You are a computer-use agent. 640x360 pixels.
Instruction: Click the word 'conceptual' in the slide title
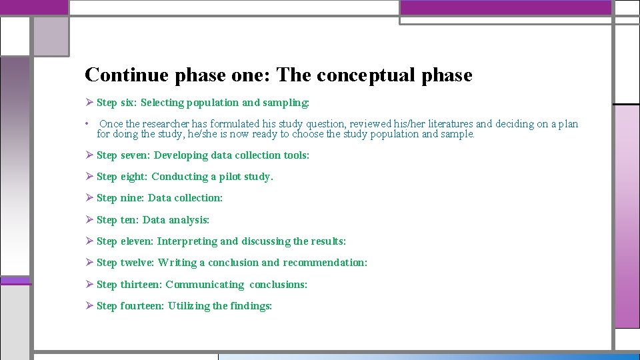[367, 75]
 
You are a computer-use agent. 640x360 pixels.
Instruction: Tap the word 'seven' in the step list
[135, 155]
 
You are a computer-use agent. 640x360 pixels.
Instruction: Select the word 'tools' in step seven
[295, 155]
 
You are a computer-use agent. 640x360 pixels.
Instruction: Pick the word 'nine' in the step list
[131, 198]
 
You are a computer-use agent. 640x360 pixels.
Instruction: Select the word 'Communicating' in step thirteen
[205, 285]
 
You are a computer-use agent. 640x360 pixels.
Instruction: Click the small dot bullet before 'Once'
[87, 124]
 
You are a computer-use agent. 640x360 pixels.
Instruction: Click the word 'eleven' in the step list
[137, 241]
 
